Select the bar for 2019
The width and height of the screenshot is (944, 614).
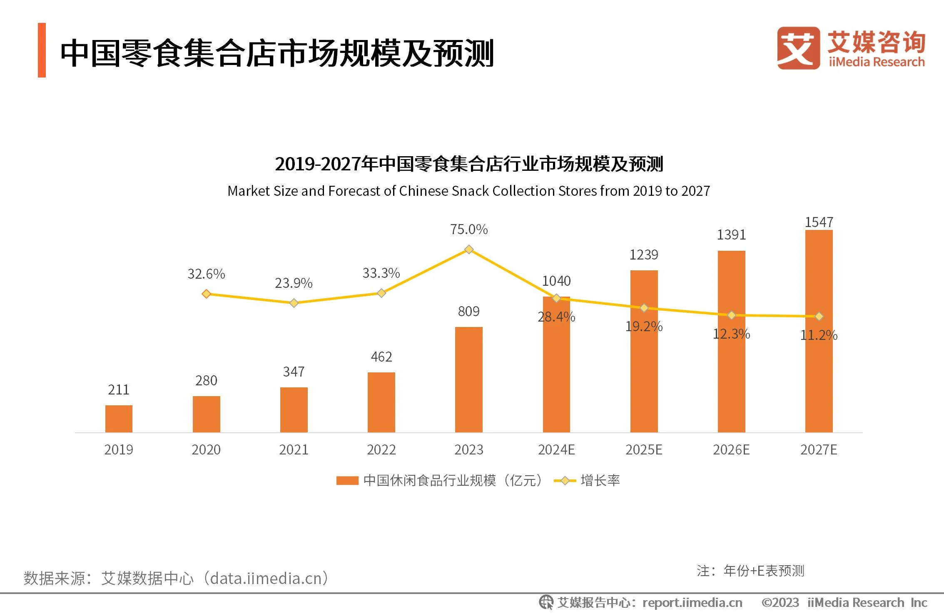click(x=119, y=419)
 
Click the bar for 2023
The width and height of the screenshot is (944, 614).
click(x=468, y=379)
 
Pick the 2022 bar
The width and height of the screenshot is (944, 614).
click(x=381, y=402)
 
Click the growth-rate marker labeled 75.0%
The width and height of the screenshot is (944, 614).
click(x=469, y=250)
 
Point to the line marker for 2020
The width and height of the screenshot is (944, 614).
click(x=206, y=294)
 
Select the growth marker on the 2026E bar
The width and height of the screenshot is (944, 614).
click(x=731, y=315)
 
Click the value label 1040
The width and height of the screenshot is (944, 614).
click(x=556, y=281)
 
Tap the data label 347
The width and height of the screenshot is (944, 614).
click(x=294, y=372)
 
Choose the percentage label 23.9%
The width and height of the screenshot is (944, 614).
click(x=294, y=283)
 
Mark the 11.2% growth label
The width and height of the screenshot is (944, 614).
click(x=819, y=335)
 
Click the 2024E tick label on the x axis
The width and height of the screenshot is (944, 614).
click(x=556, y=450)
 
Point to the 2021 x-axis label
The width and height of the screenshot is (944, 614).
click(x=294, y=450)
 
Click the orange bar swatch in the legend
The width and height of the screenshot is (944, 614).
click(x=347, y=481)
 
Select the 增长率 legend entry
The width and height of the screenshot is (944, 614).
click(x=600, y=481)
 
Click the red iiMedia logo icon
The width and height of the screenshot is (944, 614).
click(x=798, y=48)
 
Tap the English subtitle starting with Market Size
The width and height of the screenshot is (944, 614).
click(x=468, y=191)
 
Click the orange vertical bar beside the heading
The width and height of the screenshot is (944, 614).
click(x=42, y=50)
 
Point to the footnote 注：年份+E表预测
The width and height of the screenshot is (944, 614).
click(x=750, y=571)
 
